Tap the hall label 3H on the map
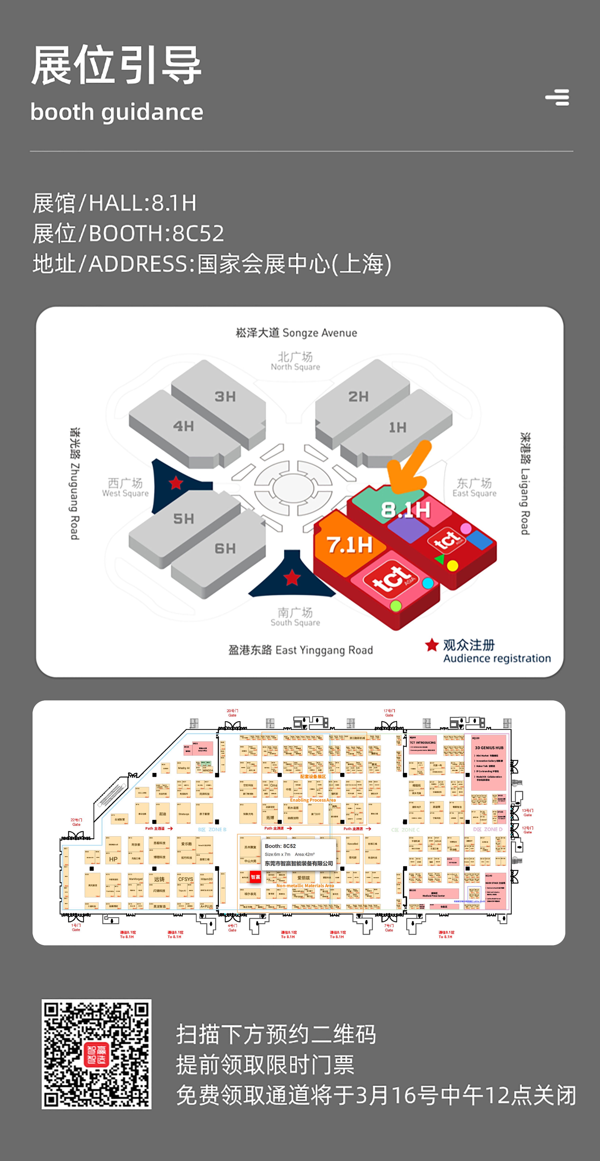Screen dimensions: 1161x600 click(225, 397)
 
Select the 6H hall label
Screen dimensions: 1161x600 click(225, 549)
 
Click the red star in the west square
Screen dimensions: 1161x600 click(176, 483)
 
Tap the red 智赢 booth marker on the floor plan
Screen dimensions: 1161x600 click(256, 877)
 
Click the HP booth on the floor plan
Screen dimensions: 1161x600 click(113, 859)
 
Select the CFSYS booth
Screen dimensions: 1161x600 click(185, 879)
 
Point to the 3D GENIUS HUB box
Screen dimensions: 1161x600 click(489, 748)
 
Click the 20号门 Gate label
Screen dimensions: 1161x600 click(232, 713)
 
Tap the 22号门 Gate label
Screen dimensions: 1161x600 click(76, 822)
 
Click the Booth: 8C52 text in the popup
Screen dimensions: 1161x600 click(280, 846)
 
